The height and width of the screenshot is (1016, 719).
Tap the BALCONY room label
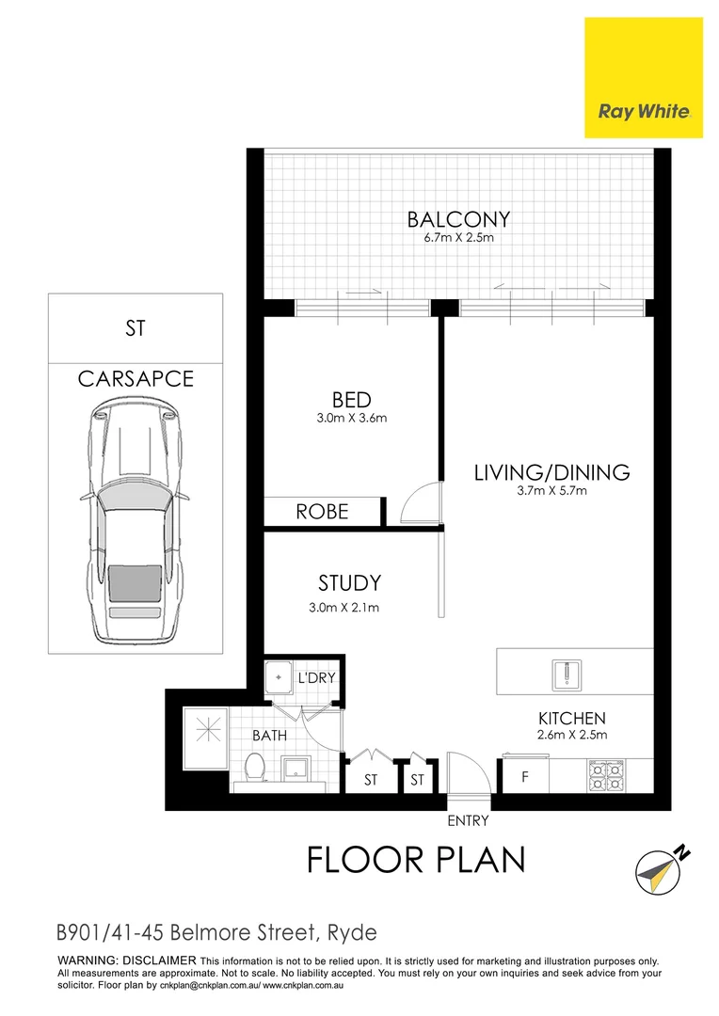click(x=458, y=220)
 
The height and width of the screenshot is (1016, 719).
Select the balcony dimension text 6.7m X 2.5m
click(x=458, y=239)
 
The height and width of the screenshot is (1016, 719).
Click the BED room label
click(x=351, y=401)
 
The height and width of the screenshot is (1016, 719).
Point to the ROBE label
click(x=322, y=512)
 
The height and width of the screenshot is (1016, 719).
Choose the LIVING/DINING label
click(x=551, y=472)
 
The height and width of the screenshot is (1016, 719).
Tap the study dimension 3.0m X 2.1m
click(x=344, y=607)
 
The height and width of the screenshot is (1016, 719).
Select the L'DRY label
click(x=317, y=677)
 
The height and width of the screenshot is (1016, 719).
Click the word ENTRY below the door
click(x=468, y=821)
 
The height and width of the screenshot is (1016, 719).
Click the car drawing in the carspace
click(x=135, y=522)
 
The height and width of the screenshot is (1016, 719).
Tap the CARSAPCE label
click(x=136, y=379)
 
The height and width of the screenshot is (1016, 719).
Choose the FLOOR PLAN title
click(x=416, y=860)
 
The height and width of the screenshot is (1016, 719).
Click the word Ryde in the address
click(x=351, y=933)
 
